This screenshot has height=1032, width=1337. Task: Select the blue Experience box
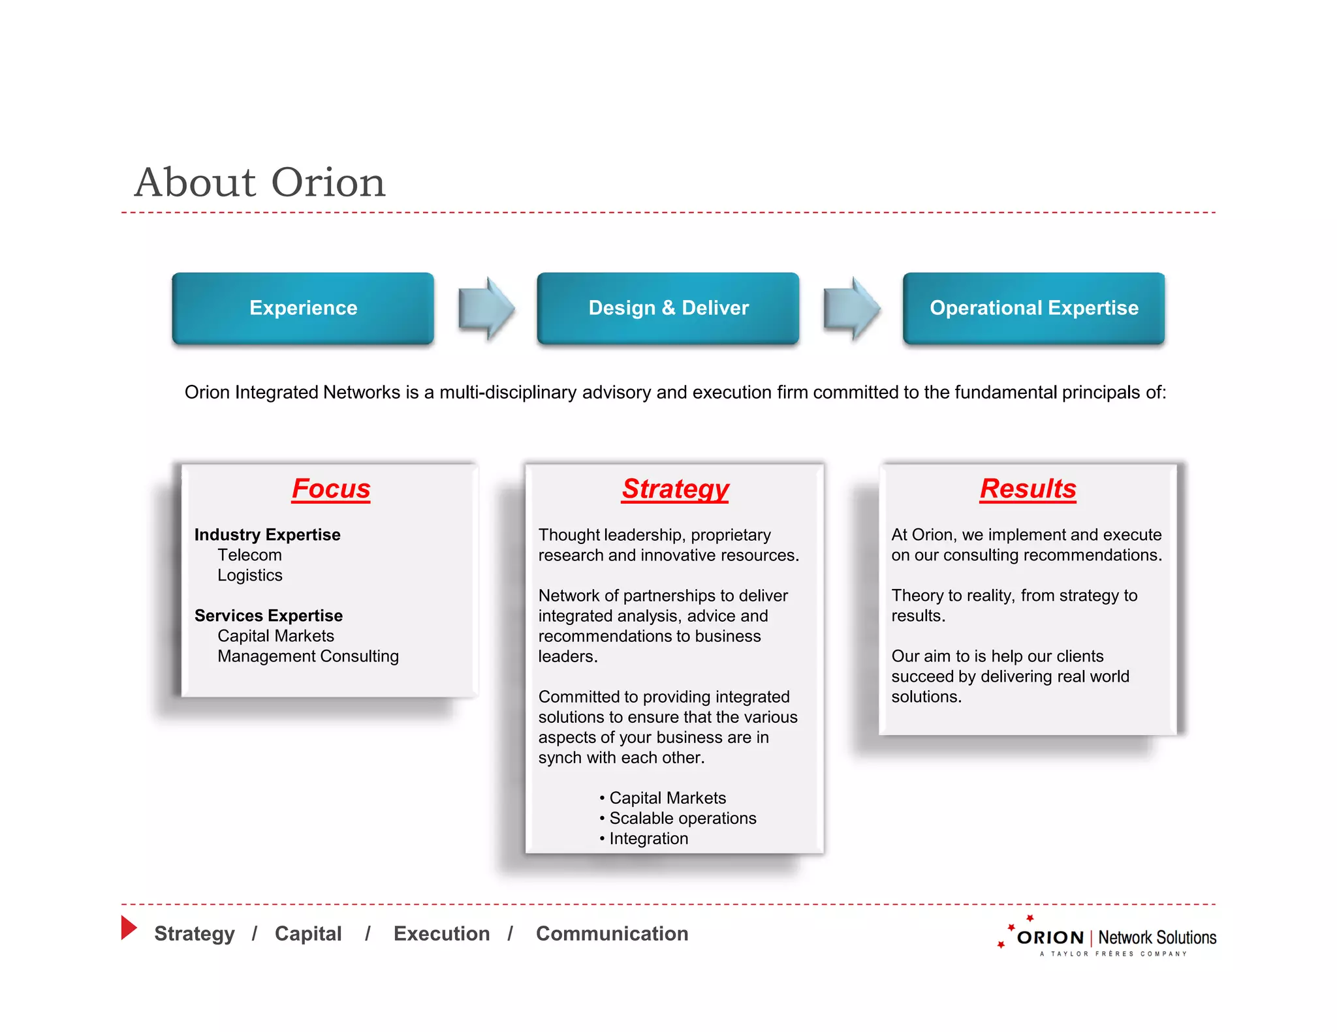(303, 308)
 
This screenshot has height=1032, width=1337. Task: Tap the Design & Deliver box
(668, 308)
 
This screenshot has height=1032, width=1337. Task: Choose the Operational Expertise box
(1033, 308)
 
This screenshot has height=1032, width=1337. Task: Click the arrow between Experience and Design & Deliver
(486, 309)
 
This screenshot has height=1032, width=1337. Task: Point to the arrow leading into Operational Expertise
(851, 309)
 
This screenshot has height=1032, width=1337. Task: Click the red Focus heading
(331, 489)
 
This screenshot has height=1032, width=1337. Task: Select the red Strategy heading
(675, 489)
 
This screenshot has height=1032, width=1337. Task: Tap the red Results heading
(1028, 489)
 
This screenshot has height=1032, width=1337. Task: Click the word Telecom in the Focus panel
(249, 555)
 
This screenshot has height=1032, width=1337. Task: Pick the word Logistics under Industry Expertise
(250, 575)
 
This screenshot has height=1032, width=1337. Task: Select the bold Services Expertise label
(268, 616)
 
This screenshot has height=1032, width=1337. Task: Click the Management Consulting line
(308, 656)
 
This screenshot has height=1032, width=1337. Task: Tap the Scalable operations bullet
(682, 818)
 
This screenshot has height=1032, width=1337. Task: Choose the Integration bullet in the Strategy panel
(648, 838)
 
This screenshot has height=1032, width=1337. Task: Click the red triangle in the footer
(129, 928)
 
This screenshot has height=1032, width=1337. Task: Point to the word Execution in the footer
(441, 933)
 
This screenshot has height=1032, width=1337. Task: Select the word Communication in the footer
(612, 933)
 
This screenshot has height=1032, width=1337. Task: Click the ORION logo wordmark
(1050, 937)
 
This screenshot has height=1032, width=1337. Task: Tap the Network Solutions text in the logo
(1157, 937)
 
